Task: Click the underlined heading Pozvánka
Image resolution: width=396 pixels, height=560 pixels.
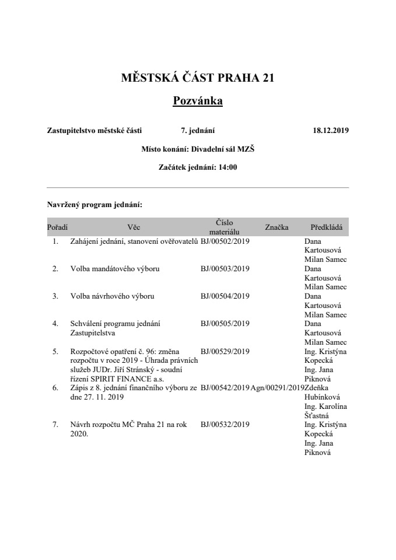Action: pos(198,101)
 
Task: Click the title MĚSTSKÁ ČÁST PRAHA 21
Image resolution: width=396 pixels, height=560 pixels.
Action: pos(198,78)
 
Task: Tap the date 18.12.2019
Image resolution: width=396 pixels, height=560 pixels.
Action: pos(331,131)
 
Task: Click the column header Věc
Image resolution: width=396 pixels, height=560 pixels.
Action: pos(134,226)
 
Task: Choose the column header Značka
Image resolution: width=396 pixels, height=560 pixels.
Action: pos(276,226)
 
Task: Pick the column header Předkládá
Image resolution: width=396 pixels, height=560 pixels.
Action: pos(326,226)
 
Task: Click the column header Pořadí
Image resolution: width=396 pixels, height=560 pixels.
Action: pos(57,226)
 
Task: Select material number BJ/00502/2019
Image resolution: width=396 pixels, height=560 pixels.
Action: pos(225,241)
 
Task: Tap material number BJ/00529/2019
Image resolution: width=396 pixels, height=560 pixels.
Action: pos(225,351)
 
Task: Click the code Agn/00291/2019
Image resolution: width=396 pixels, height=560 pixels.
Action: pos(278,387)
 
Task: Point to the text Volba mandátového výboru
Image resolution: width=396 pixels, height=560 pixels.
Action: pos(114,269)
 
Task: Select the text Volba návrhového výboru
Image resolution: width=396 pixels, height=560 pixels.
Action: pos(112,296)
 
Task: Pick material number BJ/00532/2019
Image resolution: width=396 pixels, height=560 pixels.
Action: pos(225,425)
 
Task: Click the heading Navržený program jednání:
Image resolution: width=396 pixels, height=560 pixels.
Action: pos(94,205)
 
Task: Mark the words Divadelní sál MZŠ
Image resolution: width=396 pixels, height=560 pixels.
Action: pos(223,149)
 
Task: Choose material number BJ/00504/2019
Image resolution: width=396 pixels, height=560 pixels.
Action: pos(225,296)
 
